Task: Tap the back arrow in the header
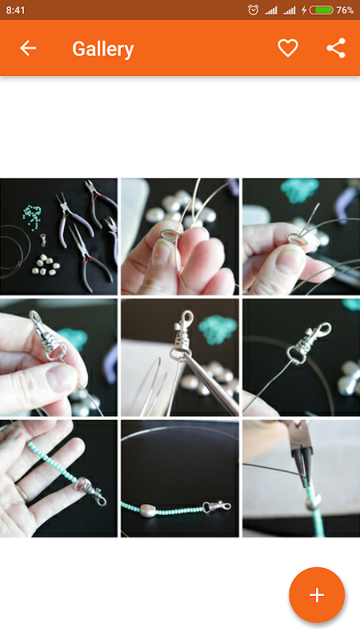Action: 28,48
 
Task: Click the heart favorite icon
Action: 288,48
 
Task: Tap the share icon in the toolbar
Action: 336,48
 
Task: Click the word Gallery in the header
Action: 103,49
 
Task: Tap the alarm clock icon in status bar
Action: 253,10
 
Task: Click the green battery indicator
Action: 322,10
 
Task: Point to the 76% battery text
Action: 345,10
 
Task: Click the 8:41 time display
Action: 15,10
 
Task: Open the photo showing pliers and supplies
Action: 58,236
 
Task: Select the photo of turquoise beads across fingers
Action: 58,478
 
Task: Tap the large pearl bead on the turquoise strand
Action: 148,510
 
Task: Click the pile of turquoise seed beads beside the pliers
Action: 32,216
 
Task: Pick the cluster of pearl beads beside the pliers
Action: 46,266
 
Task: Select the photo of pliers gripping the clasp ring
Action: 179,358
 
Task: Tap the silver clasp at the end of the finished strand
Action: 217,507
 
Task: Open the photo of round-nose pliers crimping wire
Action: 302,478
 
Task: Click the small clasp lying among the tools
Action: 42,239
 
